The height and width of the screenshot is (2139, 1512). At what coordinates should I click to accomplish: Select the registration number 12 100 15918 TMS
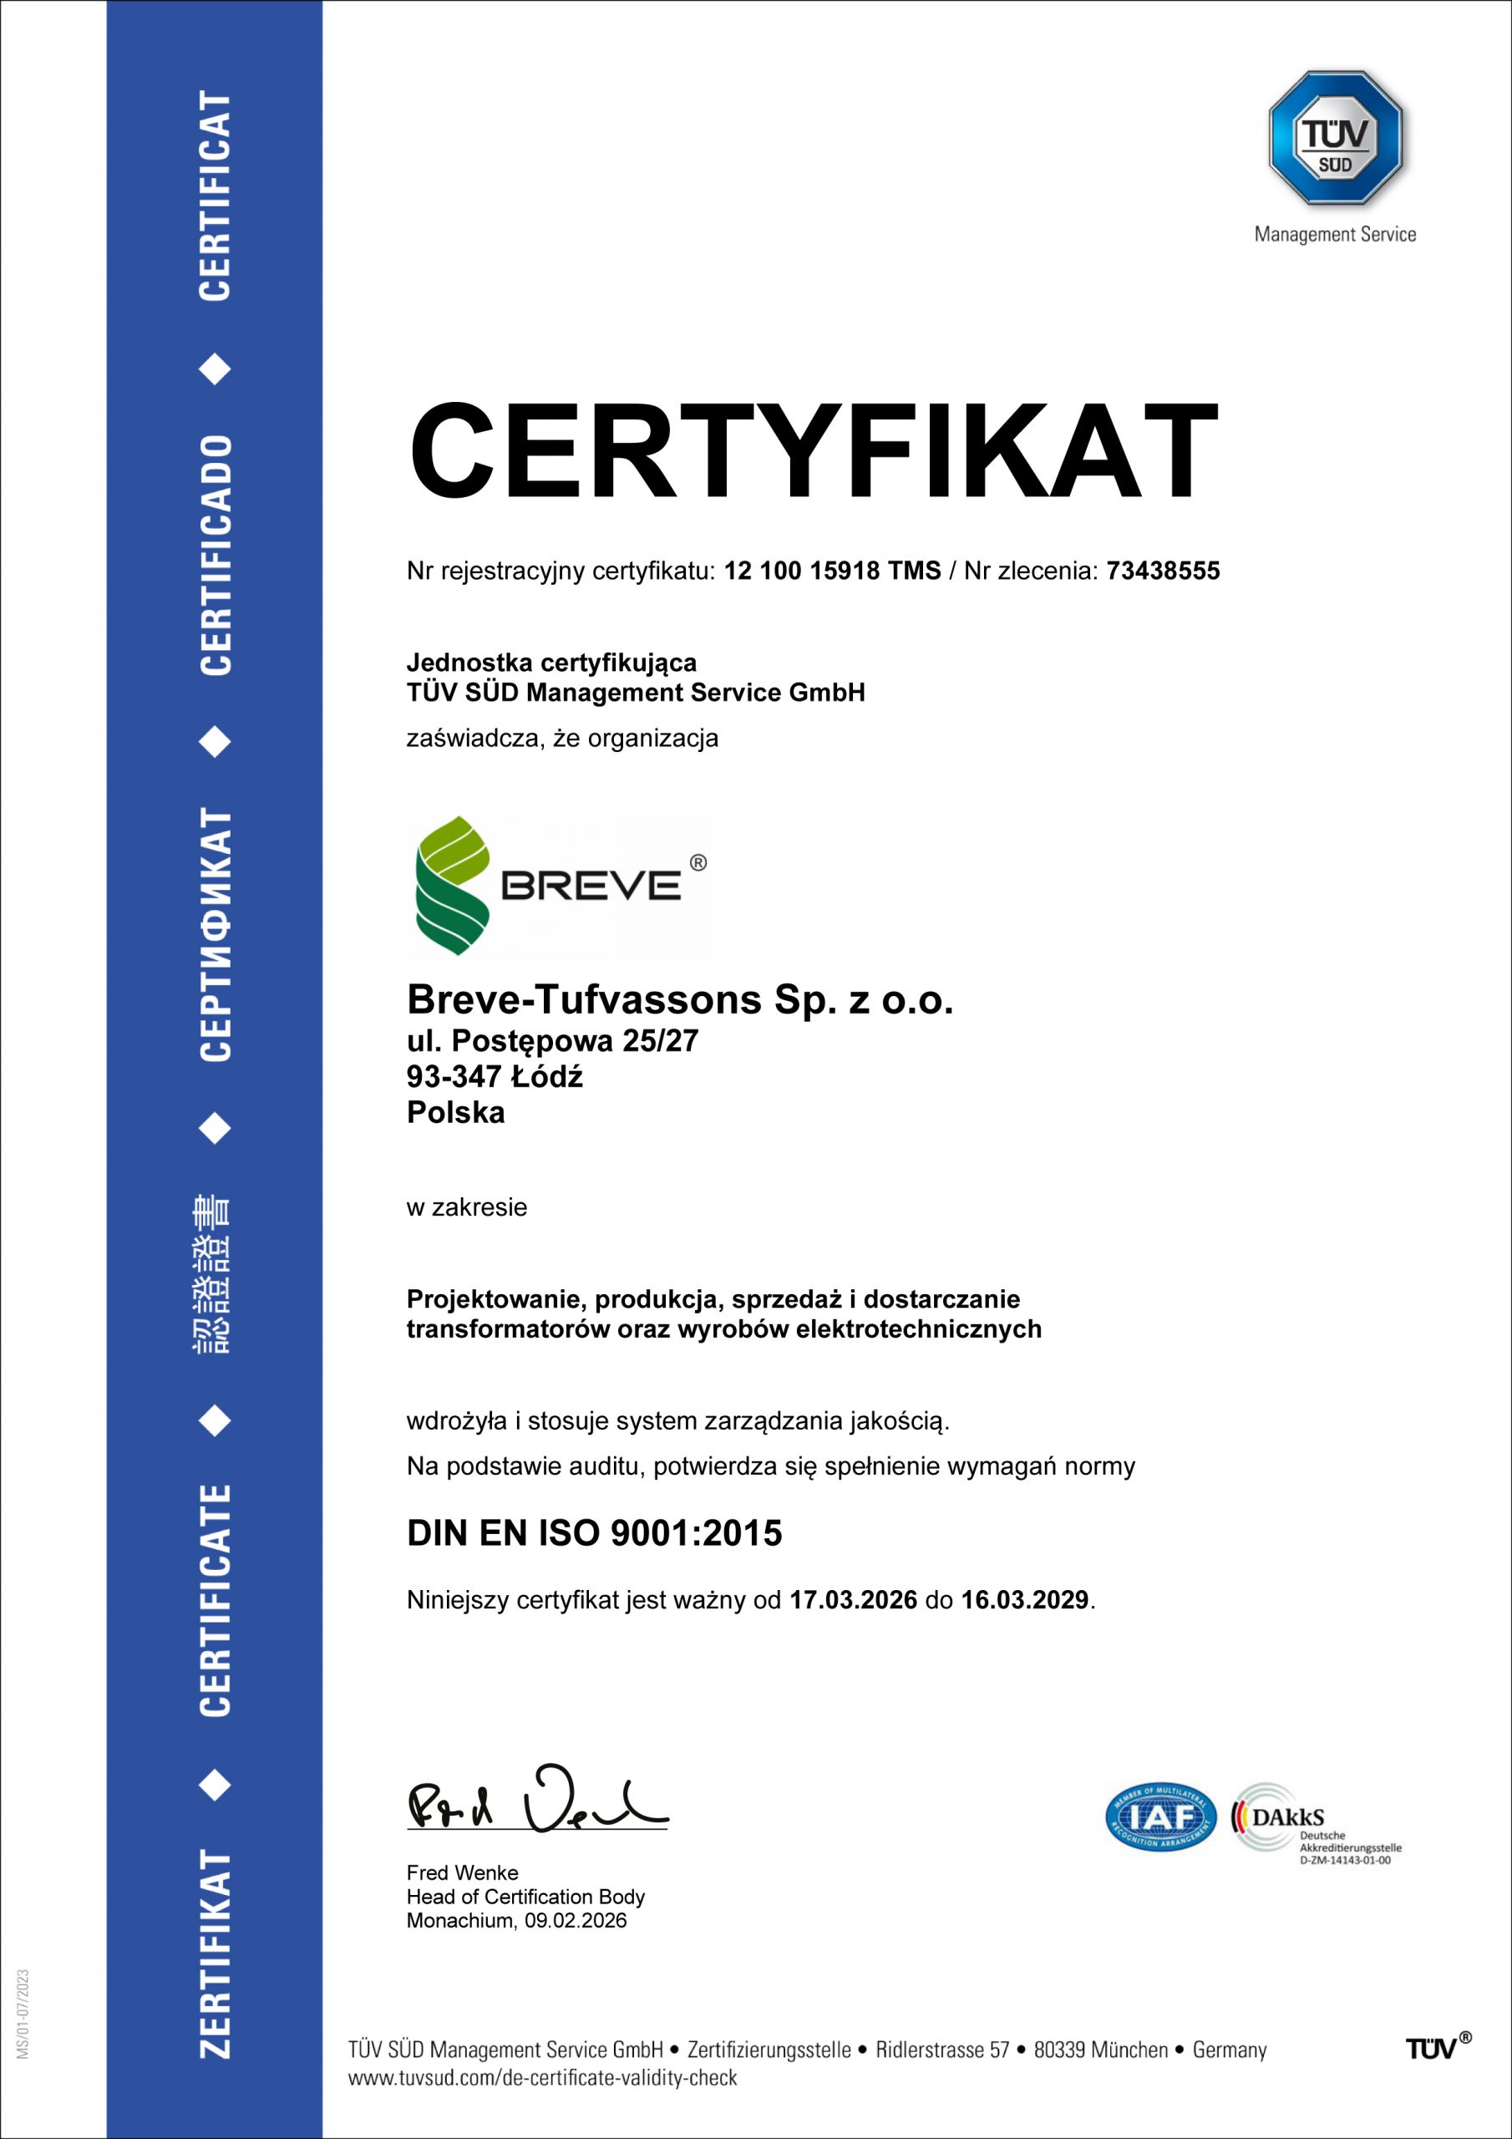[832, 571]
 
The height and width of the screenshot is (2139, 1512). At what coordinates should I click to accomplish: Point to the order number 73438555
[1163, 571]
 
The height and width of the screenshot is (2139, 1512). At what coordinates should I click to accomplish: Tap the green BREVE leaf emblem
[452, 885]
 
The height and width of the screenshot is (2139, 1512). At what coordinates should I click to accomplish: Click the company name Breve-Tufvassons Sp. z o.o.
[680, 999]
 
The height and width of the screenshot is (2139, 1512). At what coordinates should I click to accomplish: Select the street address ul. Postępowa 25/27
[552, 1040]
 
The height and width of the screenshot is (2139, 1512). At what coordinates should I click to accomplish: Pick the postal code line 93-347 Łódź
[495, 1077]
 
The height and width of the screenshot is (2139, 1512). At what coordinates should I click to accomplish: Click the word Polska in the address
[455, 1112]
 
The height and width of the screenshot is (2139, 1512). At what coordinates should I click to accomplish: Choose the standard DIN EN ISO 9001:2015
[595, 1532]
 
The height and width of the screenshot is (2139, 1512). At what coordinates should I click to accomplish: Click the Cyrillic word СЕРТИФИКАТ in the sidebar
[216, 934]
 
